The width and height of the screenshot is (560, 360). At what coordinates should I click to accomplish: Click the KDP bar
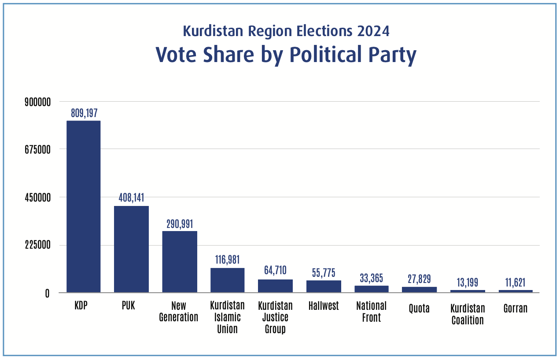coord(83,206)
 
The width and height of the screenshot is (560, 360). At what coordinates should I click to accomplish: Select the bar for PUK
coord(131,249)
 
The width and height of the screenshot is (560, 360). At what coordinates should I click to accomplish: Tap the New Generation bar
coord(180,261)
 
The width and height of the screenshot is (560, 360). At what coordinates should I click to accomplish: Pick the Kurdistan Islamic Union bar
coord(227,280)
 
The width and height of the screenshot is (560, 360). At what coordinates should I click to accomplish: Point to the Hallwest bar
coord(324,287)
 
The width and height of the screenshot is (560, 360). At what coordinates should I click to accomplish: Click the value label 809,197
coord(84,113)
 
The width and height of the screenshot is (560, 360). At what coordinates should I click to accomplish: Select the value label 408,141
coord(131,198)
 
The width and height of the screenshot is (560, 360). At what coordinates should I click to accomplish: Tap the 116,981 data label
coord(227,260)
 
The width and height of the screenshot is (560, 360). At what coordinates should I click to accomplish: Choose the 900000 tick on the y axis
coord(37,102)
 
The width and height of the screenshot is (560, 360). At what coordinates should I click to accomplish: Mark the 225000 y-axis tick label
coord(37,245)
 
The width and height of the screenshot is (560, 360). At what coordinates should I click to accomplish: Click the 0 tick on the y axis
coord(47,293)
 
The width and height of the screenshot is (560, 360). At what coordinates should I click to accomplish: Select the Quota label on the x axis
coord(419,309)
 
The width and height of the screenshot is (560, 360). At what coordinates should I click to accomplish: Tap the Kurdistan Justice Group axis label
coord(275,317)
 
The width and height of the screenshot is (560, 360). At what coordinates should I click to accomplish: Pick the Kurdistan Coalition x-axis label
coord(468,314)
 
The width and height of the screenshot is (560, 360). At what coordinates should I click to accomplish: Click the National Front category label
coord(371,312)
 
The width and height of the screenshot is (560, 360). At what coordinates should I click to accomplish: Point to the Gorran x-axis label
coord(516,309)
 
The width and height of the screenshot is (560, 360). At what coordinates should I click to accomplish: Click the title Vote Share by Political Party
coord(286,55)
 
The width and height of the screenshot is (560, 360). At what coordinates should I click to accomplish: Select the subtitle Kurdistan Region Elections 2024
coord(286,31)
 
